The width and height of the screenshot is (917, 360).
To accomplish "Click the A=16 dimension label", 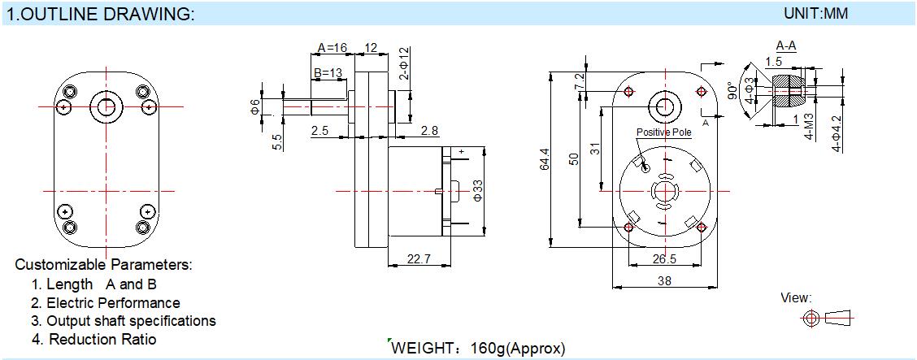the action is (332, 47).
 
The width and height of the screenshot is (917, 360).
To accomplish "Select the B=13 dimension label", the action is (328, 72).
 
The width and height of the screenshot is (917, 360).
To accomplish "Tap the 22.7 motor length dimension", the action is (418, 259).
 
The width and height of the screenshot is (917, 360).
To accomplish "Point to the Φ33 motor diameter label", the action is (477, 190).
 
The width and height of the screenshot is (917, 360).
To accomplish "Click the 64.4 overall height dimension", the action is (545, 159).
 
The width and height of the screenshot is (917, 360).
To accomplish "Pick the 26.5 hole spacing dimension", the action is (664, 258).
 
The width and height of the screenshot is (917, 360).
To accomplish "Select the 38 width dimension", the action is (664, 280).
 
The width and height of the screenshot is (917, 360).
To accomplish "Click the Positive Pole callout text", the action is (664, 132).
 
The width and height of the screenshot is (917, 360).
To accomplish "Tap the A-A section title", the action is (786, 46).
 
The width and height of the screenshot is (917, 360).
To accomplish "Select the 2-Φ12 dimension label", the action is (403, 63).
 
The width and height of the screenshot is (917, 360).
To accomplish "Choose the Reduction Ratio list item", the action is (94, 339).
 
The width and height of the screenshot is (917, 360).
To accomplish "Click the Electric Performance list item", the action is (105, 303).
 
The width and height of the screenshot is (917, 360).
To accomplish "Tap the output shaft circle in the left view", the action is (106, 106).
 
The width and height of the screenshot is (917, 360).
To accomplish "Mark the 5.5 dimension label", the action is (278, 142).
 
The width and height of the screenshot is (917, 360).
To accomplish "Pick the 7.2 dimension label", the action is (580, 81).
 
